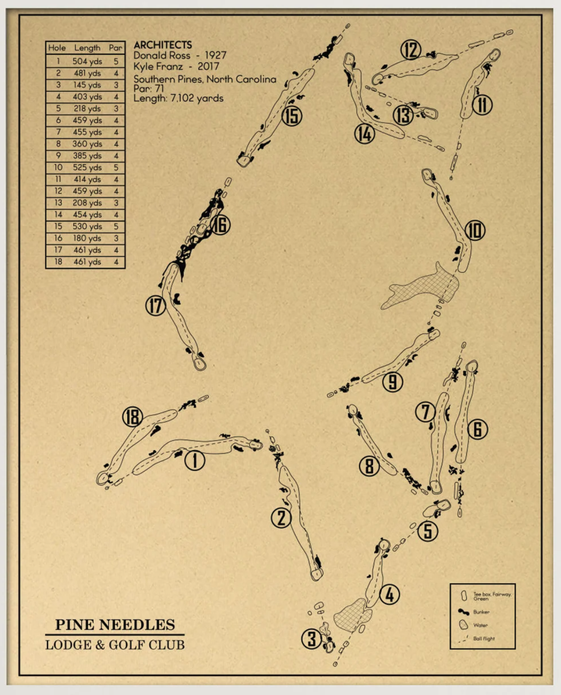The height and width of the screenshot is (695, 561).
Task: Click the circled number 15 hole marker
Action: (292, 116)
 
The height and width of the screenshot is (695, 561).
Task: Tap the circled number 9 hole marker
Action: (392, 382)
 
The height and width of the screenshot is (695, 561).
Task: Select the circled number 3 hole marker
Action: (312, 639)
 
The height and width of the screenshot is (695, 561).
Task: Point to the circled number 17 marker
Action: (155, 305)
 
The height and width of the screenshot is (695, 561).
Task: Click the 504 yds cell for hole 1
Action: (87, 61)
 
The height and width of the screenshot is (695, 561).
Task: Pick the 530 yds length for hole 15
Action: (87, 226)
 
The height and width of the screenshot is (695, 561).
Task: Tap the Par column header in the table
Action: (115, 48)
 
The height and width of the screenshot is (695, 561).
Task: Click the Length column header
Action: (87, 48)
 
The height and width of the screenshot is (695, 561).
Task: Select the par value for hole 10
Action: (116, 168)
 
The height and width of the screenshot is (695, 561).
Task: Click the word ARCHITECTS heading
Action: (163, 45)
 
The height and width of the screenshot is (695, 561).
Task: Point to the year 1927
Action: (215, 55)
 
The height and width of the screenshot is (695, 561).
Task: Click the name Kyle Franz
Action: (158, 67)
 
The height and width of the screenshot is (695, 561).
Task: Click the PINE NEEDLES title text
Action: (115, 624)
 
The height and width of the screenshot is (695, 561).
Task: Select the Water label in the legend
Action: (481, 625)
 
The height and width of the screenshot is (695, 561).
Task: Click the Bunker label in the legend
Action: (482, 612)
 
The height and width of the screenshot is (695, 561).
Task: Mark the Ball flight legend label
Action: (484, 639)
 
